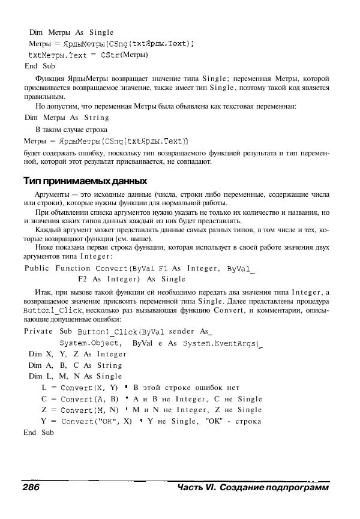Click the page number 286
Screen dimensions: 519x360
click(x=31, y=488)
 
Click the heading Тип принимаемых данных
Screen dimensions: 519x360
click(x=85, y=181)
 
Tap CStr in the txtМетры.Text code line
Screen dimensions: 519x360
click(x=109, y=55)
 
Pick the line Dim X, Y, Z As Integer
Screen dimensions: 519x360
click(x=77, y=354)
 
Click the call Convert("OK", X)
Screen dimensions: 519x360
click(x=95, y=421)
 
